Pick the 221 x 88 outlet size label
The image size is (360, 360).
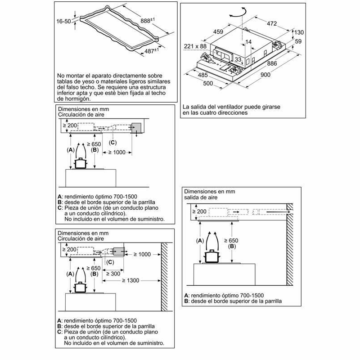point(195,46)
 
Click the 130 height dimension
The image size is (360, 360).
point(299,32)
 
